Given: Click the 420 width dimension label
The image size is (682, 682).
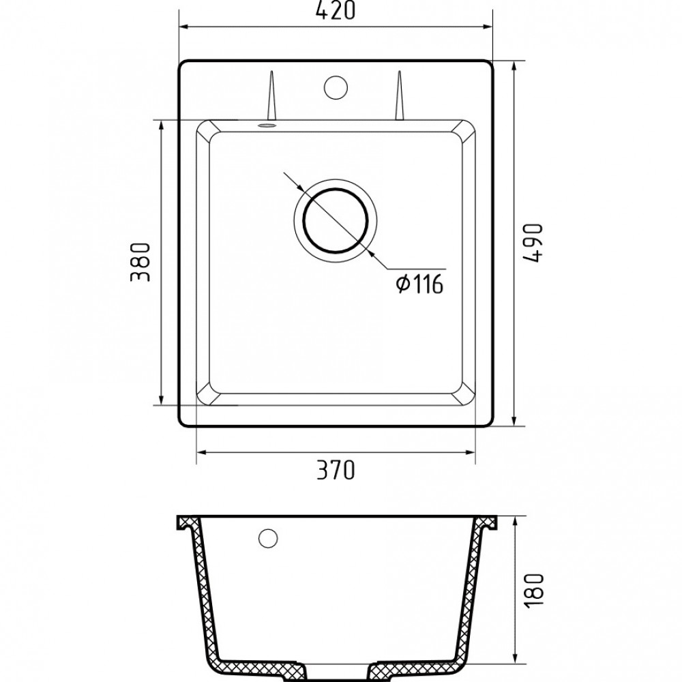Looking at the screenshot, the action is click(x=336, y=10).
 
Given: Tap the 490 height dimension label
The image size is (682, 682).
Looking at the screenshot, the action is click(x=533, y=243).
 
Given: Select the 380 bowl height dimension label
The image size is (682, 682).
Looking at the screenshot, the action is click(x=140, y=263).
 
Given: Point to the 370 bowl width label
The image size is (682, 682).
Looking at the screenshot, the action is click(x=336, y=470).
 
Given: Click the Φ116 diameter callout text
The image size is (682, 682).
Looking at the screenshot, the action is click(x=419, y=284).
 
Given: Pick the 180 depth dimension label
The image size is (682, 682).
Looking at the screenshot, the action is click(x=535, y=591).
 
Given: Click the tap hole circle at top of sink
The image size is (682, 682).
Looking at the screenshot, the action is click(x=336, y=87).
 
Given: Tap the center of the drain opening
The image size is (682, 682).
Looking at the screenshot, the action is click(x=336, y=220).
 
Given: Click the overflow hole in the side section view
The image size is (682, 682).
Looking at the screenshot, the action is click(x=268, y=539).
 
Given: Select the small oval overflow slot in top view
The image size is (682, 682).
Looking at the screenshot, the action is click(x=267, y=125).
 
